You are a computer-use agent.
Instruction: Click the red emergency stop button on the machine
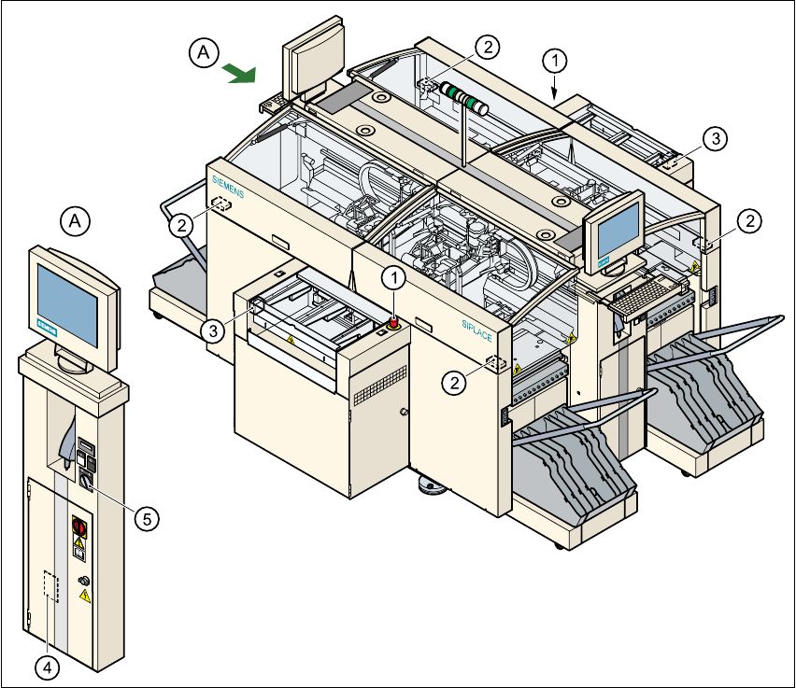click(x=394, y=322)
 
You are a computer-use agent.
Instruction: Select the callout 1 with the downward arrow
click(x=555, y=62)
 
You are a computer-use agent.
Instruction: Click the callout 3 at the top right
click(x=713, y=139)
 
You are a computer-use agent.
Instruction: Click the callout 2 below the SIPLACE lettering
click(x=455, y=382)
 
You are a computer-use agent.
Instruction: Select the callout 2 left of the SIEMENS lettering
click(x=181, y=223)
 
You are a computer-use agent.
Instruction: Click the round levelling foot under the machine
click(x=433, y=485)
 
